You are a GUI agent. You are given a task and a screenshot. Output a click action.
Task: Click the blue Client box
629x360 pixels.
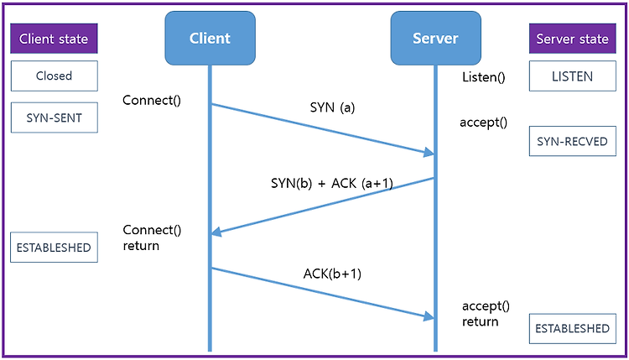[x=211, y=38]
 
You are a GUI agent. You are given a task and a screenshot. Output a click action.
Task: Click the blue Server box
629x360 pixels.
[x=435, y=38]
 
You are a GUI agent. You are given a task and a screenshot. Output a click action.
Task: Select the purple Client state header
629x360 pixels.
[x=54, y=39]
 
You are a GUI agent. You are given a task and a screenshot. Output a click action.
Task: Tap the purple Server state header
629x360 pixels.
[x=573, y=39]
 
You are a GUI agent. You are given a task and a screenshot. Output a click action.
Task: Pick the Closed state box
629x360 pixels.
[x=55, y=76]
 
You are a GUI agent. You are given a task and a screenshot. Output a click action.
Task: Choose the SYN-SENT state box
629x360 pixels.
[x=55, y=117]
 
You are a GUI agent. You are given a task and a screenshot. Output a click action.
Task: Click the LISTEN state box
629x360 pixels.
[x=573, y=76]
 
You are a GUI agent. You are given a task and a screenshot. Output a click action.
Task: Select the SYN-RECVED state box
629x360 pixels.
[x=573, y=141]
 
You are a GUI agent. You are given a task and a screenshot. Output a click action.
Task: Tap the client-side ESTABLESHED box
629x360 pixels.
[x=54, y=248]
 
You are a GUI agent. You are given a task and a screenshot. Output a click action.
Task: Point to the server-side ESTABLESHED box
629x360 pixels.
[x=573, y=329]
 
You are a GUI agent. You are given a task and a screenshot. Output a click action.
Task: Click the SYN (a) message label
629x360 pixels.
[x=332, y=107]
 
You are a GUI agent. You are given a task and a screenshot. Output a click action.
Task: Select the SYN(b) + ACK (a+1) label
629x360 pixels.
[x=332, y=184]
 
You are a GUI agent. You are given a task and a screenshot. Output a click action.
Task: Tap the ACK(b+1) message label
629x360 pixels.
[x=332, y=274]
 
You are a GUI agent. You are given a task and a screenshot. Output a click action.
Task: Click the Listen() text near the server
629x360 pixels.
[x=483, y=77]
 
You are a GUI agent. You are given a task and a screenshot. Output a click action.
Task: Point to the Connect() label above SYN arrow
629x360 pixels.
[x=152, y=101]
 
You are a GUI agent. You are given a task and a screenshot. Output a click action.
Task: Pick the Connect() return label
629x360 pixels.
[x=152, y=237]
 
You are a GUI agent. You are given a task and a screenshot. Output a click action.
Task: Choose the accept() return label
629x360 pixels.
[x=486, y=314]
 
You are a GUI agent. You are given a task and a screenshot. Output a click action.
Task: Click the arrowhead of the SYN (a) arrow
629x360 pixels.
[x=429, y=152]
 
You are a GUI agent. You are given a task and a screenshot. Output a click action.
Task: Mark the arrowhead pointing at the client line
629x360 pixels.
[x=217, y=232]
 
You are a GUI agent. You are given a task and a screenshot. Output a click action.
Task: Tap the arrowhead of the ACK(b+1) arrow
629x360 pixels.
[x=429, y=316]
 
